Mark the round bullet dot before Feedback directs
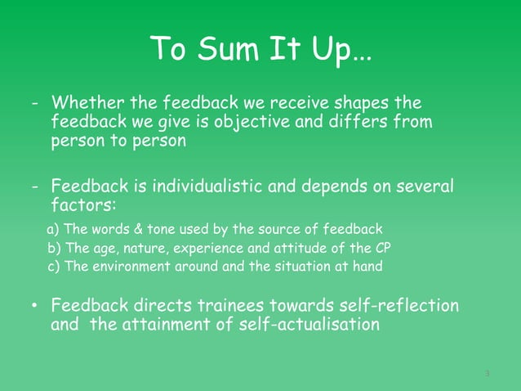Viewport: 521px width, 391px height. [35, 306]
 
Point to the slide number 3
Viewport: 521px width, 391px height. [487, 375]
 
